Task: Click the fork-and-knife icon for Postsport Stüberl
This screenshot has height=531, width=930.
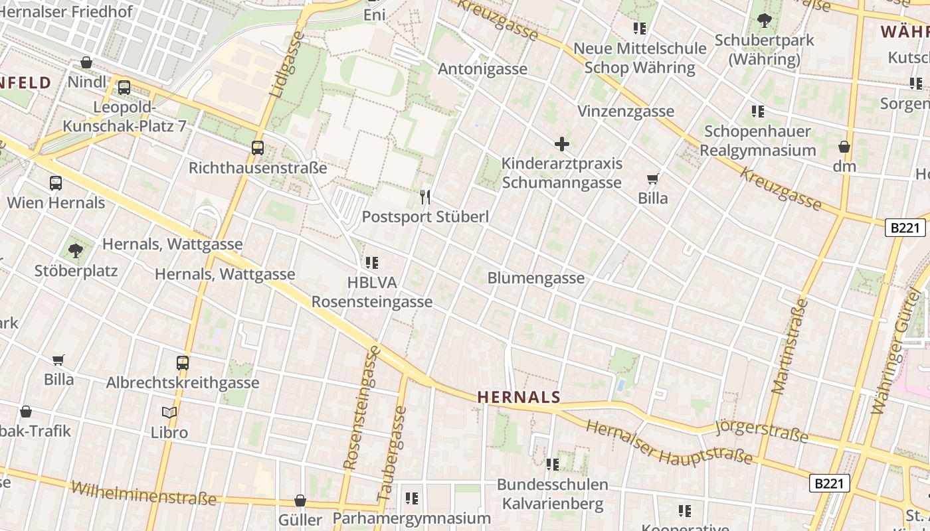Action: point(425,197)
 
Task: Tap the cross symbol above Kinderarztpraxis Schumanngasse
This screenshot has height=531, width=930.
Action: point(562,143)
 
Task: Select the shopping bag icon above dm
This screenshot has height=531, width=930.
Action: point(844,147)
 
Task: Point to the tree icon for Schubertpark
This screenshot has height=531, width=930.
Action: point(765,21)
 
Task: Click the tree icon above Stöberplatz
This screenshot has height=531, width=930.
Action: point(76,251)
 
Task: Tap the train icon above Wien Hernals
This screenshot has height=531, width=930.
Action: point(56,183)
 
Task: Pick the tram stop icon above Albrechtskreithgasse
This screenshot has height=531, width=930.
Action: point(183,363)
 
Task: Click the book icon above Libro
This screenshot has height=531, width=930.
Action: point(169,413)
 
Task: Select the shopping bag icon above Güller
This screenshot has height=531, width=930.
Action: point(300,500)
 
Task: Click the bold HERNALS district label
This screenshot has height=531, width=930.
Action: point(519,398)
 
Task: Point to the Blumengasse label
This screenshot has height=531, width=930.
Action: point(536,278)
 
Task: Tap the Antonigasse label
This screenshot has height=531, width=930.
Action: point(483,69)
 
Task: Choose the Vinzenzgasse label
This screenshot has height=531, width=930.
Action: point(626,112)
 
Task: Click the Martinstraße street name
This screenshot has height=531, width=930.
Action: point(790,346)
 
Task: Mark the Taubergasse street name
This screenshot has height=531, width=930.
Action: point(391,454)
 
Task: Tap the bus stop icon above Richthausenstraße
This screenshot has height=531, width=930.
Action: point(258,148)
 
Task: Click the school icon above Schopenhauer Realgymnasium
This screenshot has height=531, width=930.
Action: point(758,112)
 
